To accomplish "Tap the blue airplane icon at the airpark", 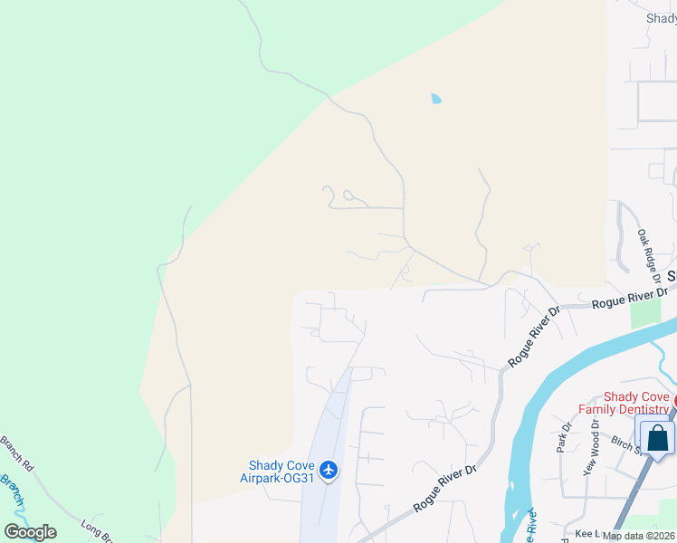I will tap(329, 469).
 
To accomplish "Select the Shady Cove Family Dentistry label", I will tap(637, 403).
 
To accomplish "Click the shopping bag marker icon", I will tap(658, 439).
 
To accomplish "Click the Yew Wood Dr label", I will tap(594, 452).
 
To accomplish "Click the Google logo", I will tap(30, 532).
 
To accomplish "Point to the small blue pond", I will tap(436, 99).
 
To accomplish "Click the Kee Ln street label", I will tap(587, 536).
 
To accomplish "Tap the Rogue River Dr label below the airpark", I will tap(444, 489).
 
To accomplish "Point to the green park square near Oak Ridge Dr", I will tap(645, 313).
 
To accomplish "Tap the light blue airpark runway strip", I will tap(330, 434).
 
